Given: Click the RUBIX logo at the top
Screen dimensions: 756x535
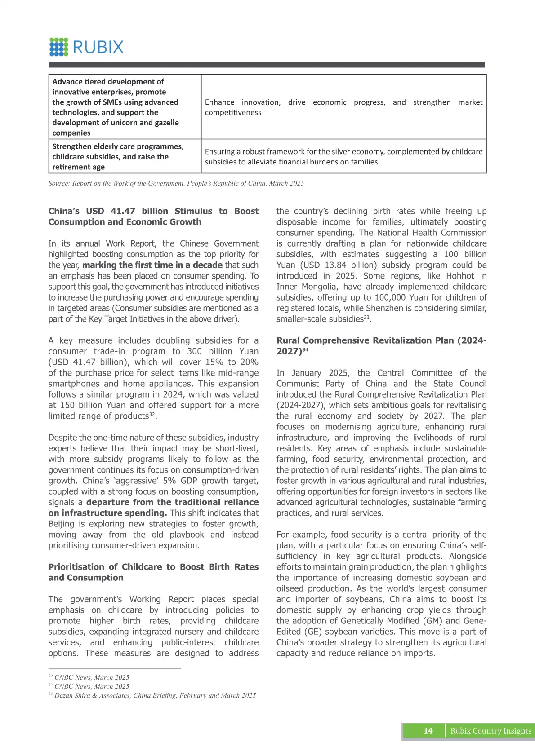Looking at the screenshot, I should [86, 47].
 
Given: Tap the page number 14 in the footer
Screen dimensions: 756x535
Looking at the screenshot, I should [428, 731].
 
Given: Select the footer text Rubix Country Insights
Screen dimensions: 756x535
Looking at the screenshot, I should [491, 731].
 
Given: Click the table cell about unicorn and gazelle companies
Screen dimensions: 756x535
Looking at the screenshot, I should [125, 107].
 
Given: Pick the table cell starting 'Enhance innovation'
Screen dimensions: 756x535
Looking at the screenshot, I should [343, 107].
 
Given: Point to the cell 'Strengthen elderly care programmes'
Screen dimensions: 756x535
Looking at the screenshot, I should [125, 156].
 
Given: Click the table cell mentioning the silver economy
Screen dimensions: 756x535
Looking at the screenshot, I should [343, 156].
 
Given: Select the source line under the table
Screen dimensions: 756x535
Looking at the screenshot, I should [176, 183].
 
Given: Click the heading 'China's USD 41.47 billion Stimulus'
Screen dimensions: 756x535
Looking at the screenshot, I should [153, 217].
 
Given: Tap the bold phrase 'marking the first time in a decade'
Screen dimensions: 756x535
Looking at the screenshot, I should [152, 265].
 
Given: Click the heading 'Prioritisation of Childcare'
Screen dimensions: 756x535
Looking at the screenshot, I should [153, 572].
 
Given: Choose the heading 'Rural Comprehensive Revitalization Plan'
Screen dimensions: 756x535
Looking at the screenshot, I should [381, 345].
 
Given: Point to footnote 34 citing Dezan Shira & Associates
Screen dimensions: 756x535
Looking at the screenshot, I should [152, 695].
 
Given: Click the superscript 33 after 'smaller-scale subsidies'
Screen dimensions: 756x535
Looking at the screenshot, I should [366, 317].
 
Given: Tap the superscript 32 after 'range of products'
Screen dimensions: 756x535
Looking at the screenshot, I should [152, 414].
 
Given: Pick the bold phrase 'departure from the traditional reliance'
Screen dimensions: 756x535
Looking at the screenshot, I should [172, 502].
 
